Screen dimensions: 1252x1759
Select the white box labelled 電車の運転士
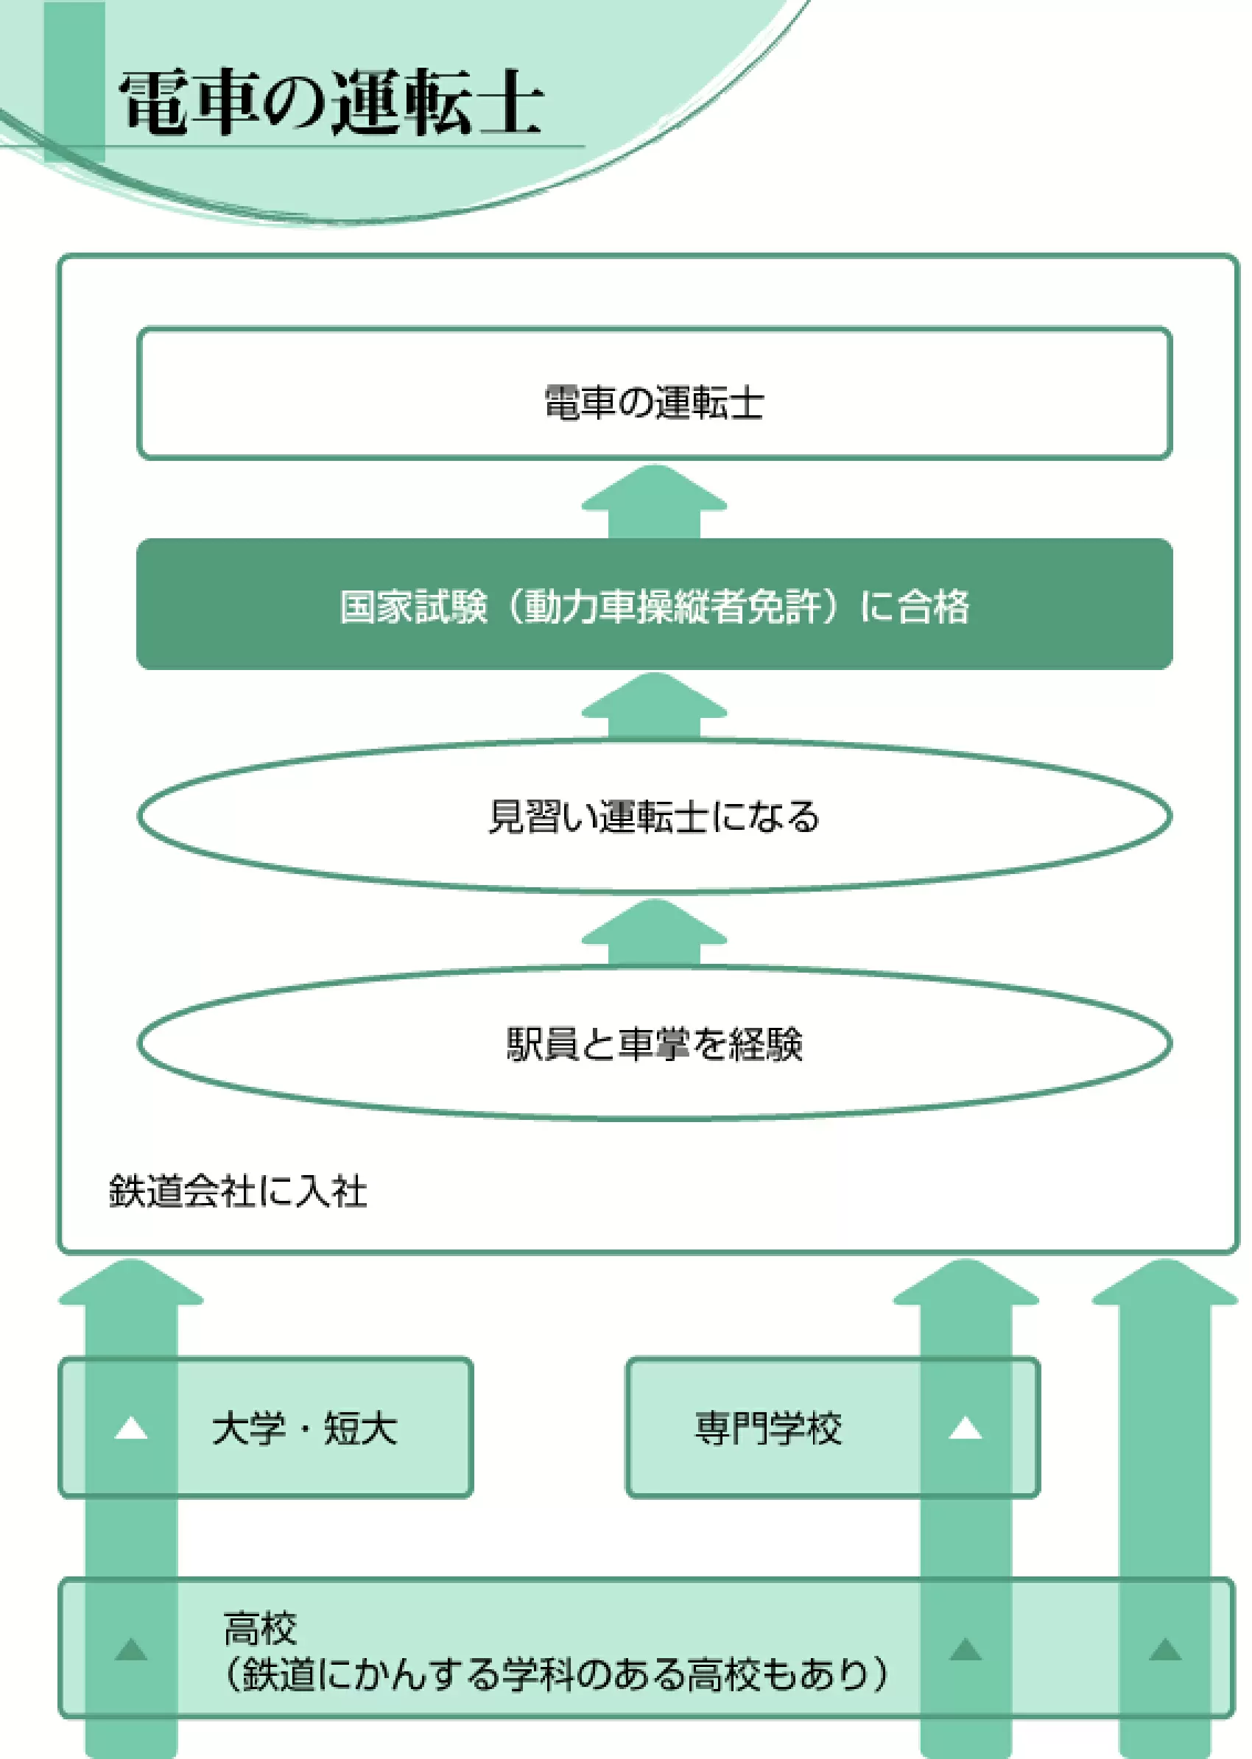click(655, 393)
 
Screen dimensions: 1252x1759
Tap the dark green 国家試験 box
click(655, 604)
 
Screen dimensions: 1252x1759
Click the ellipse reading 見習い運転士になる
click(655, 817)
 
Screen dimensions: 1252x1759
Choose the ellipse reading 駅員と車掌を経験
click(655, 1043)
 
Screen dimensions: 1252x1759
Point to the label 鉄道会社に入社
click(237, 1190)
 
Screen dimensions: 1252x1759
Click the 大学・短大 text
click(304, 1428)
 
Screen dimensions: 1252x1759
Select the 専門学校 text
click(769, 1428)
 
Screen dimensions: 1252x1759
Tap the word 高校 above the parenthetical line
click(260, 1629)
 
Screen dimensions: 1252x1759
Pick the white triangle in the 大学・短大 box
click(131, 1428)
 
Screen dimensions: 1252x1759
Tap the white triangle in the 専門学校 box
click(966, 1428)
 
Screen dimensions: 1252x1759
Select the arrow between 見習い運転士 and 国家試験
click(655, 706)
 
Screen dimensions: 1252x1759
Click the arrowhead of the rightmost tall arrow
click(1165, 1282)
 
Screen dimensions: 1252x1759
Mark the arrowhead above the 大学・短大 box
click(131, 1282)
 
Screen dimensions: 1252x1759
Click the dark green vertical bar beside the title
click(74, 82)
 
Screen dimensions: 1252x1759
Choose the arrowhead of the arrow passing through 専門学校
click(966, 1282)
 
